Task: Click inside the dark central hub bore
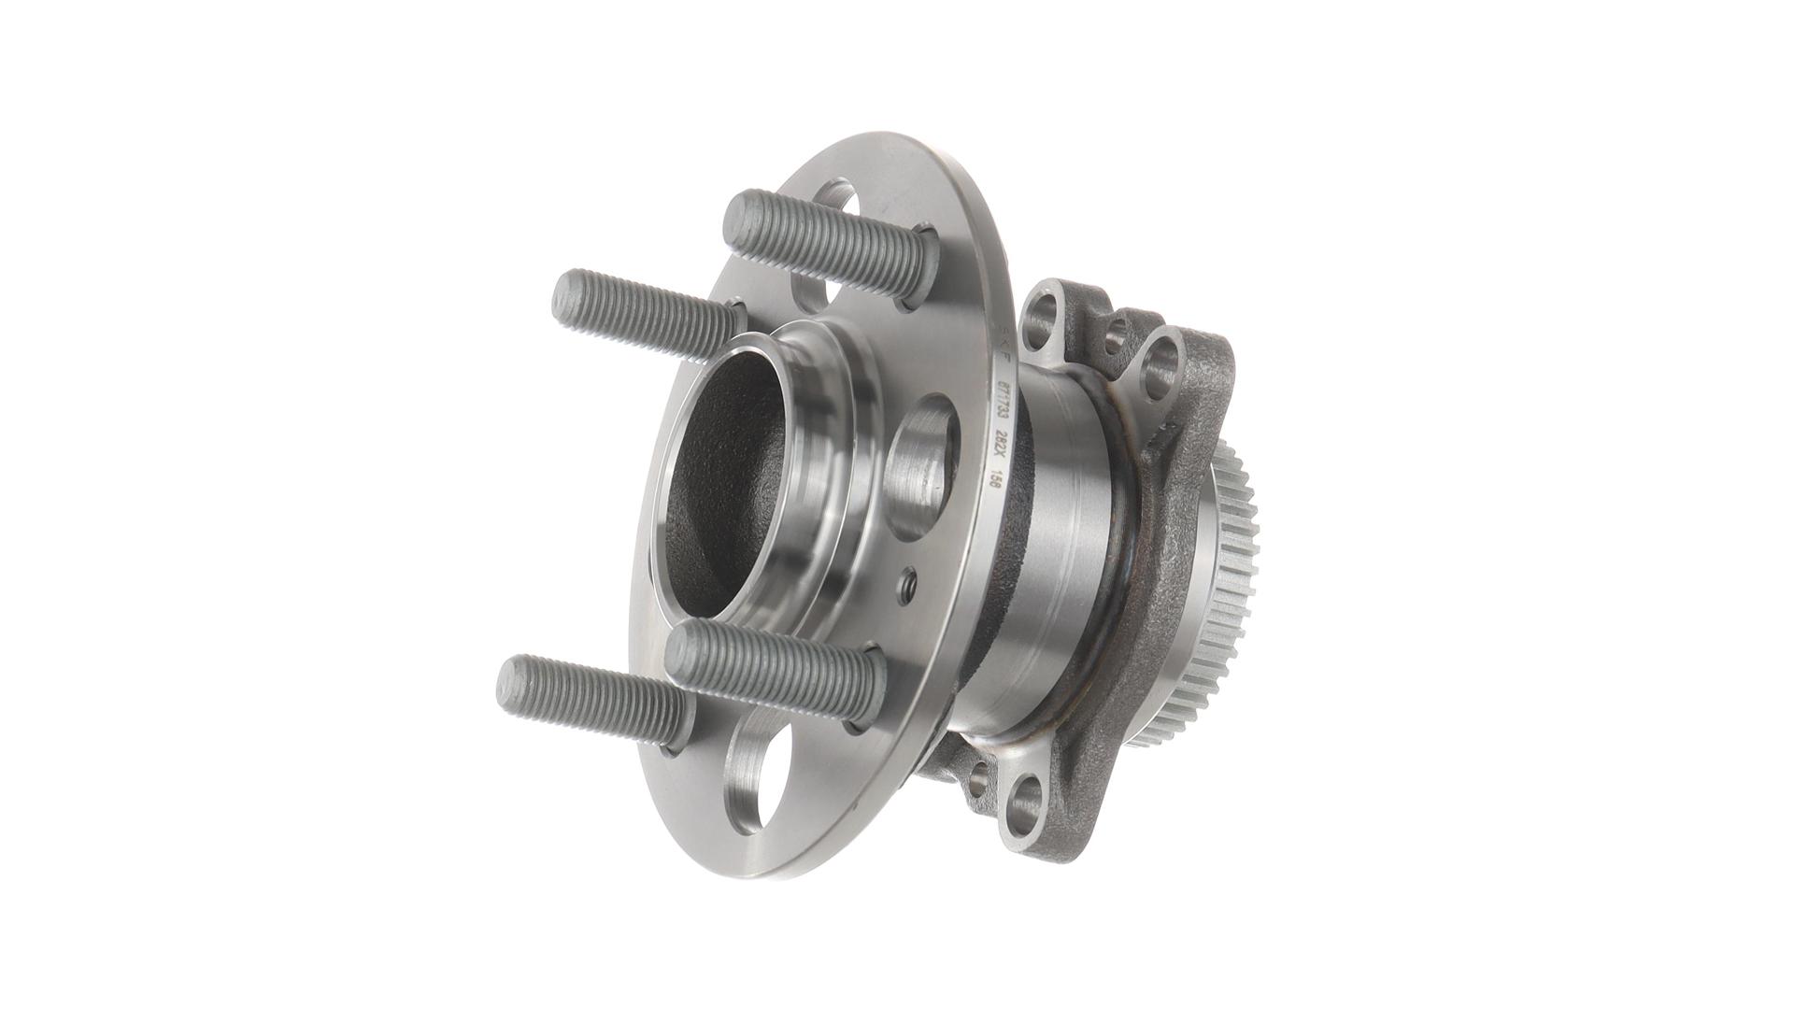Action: point(725,486)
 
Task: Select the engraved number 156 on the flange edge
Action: point(994,483)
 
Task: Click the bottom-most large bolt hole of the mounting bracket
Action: point(1027,797)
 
